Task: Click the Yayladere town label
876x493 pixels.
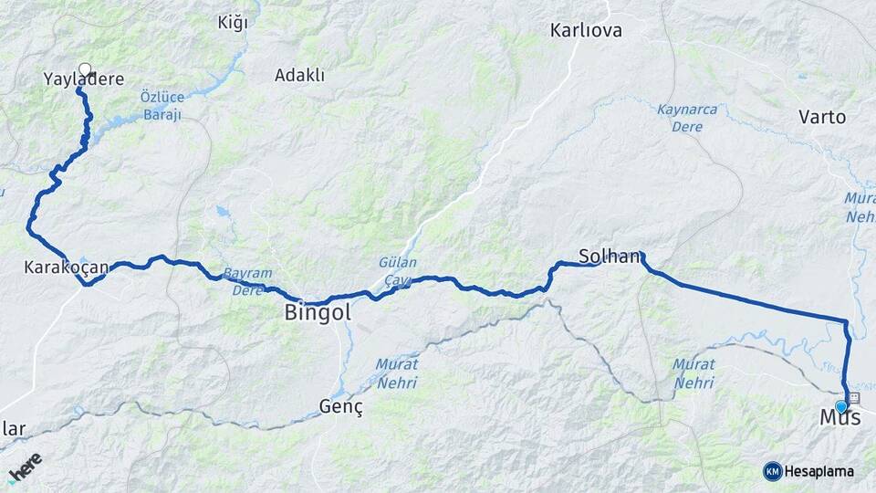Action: point(83,79)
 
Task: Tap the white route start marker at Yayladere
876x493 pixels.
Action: point(85,68)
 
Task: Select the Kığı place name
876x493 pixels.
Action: point(233,23)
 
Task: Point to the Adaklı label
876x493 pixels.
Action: point(299,76)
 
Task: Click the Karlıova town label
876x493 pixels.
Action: point(586,31)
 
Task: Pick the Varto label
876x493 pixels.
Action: point(822,117)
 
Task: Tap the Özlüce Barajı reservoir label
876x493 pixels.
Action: point(162,105)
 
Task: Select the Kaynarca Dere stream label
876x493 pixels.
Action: point(687,118)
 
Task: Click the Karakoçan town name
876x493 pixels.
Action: point(67,267)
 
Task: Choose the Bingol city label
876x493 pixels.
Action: point(318,313)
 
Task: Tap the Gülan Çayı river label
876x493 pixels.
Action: point(398,270)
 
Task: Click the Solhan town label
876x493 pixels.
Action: point(610,257)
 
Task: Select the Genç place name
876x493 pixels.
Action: point(341,408)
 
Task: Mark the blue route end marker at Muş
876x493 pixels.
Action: point(841,406)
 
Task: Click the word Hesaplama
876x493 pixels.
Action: point(819,471)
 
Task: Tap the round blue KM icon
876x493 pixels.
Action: point(772,471)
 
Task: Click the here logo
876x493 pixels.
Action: point(24,467)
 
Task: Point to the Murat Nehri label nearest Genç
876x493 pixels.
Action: point(397,372)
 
